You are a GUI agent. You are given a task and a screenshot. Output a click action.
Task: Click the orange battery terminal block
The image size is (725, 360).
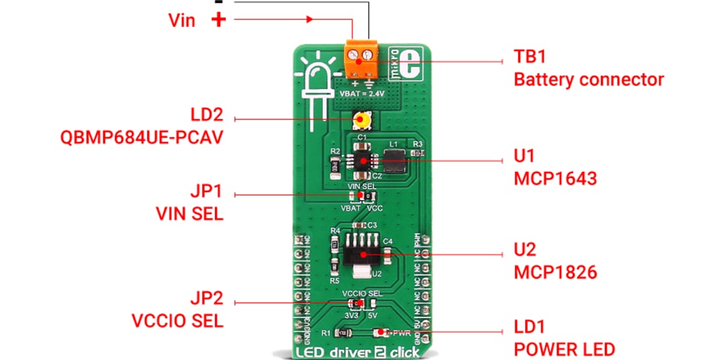click(x=361, y=57)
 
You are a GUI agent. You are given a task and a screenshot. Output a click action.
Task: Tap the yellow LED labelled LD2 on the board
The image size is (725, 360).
click(x=362, y=121)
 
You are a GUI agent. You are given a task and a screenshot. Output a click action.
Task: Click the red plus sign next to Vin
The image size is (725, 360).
click(x=218, y=19)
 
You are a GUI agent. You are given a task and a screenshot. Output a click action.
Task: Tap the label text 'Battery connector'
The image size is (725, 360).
click(x=588, y=80)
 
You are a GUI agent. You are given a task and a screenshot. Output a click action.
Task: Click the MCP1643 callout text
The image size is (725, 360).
click(x=554, y=179)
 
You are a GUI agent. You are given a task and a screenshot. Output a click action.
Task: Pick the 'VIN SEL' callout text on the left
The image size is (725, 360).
click(x=189, y=214)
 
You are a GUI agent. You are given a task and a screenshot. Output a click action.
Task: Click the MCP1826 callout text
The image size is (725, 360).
click(x=554, y=272)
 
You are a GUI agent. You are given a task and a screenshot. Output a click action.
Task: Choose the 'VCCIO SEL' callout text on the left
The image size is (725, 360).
click(x=178, y=320)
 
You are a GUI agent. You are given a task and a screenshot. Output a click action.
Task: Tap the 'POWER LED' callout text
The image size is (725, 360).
click(x=564, y=349)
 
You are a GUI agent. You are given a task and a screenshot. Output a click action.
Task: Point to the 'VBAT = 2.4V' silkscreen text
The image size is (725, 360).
click(x=363, y=93)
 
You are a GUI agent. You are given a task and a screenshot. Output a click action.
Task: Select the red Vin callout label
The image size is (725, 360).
click(x=181, y=20)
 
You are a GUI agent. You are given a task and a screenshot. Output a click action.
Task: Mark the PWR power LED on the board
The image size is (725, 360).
click(x=381, y=332)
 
